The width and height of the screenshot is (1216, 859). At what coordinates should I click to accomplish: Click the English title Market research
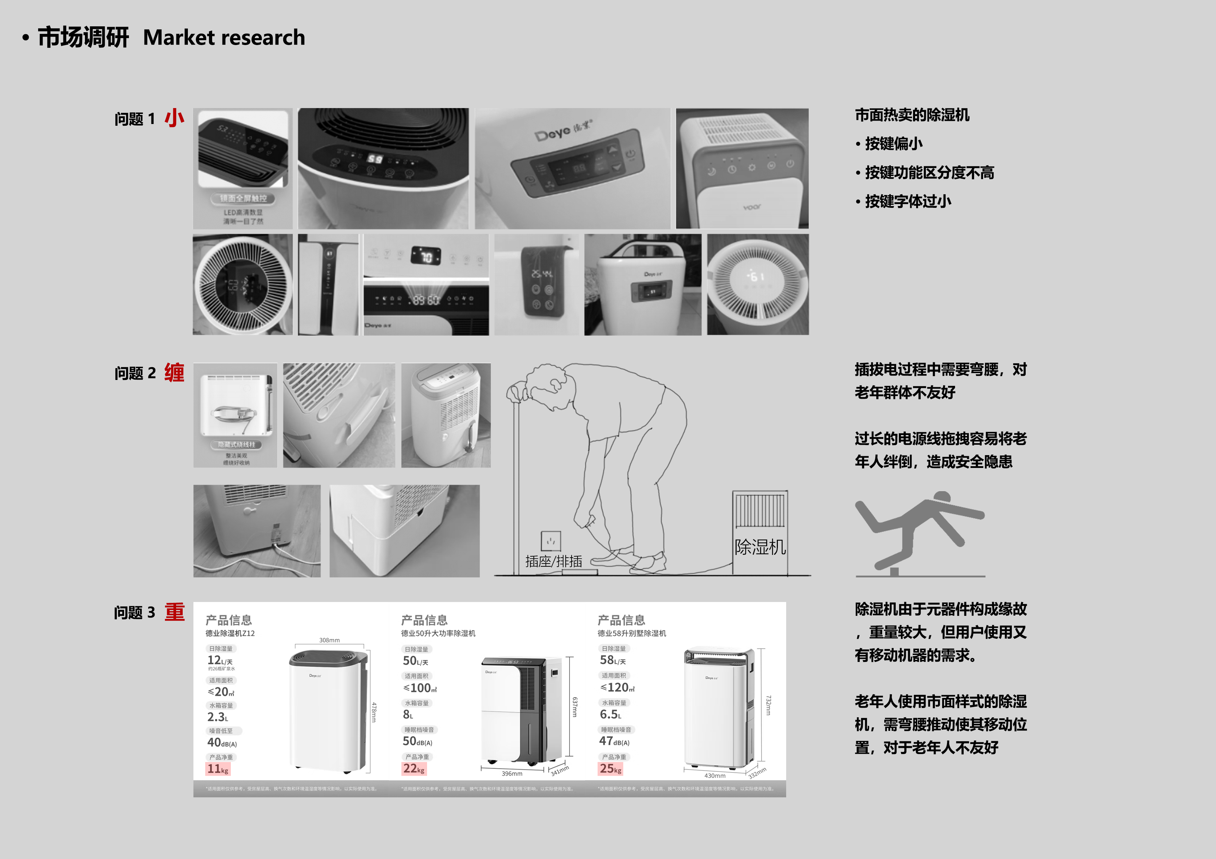tap(224, 37)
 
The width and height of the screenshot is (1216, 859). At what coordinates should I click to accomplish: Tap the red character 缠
tap(174, 373)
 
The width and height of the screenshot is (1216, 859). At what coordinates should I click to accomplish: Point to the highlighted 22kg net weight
tap(414, 769)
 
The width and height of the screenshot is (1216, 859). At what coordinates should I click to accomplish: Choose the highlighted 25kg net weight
tap(610, 769)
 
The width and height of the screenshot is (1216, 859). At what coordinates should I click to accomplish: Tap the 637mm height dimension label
tap(575, 707)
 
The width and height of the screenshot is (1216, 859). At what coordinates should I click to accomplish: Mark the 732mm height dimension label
tap(768, 706)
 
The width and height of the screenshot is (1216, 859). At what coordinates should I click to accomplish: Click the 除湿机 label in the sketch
tap(760, 547)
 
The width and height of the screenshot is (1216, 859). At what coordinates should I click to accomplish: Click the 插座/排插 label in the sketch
tap(554, 561)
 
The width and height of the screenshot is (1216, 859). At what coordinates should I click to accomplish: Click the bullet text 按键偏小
tap(894, 143)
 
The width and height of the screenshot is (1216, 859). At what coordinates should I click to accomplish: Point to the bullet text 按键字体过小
tap(908, 201)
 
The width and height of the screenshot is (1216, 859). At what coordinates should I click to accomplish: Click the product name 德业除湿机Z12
tap(230, 633)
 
